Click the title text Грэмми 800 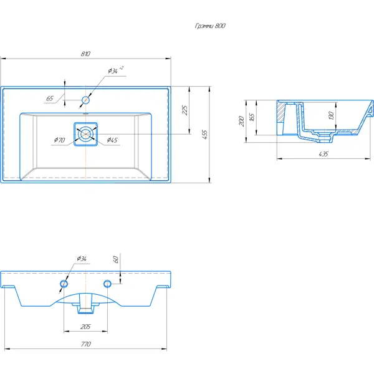[x=210, y=26]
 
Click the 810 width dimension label [x=85, y=54]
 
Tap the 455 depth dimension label [x=204, y=135]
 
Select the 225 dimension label [x=185, y=110]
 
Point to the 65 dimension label [x=50, y=98]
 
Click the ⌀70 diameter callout [x=59, y=140]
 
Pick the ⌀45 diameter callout [x=112, y=140]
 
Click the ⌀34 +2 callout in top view [x=116, y=70]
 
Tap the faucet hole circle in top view [x=85, y=100]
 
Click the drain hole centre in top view [x=85, y=134]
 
